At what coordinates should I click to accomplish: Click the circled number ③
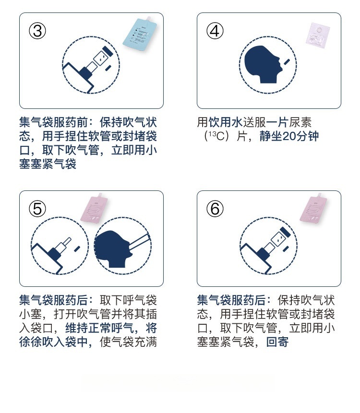[37, 31]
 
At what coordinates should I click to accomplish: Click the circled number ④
[215, 31]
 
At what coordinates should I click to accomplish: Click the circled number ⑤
[37, 209]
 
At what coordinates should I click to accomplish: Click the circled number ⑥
[215, 209]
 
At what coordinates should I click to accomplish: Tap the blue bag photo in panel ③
[140, 34]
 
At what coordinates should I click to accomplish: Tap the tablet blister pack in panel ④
[318, 35]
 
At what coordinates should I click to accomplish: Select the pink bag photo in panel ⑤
[94, 208]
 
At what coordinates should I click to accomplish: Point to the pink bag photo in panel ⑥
[313, 208]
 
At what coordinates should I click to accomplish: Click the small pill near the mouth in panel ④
[287, 62]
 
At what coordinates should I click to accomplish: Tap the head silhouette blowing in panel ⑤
[112, 249]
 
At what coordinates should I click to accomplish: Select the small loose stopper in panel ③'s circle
[108, 68]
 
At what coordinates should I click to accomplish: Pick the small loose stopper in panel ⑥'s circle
[286, 248]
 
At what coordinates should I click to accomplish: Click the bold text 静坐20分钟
[289, 136]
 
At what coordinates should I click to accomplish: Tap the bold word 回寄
[277, 342]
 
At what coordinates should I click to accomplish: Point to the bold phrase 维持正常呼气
[99, 328]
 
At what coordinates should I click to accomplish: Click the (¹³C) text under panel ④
[217, 136]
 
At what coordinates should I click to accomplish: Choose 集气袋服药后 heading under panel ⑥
[231, 300]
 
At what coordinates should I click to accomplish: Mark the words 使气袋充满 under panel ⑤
[128, 342]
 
